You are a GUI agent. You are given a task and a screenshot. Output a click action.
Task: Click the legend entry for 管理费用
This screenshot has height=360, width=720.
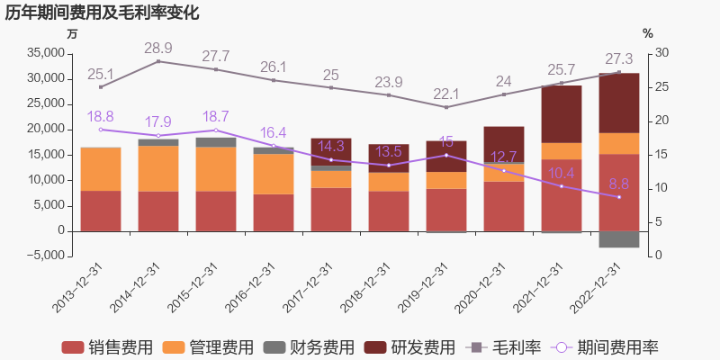click(208, 346)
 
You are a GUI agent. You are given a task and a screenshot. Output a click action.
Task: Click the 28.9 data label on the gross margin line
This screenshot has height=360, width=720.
click(158, 48)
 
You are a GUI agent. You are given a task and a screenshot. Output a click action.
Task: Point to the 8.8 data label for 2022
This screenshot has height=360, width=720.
click(619, 184)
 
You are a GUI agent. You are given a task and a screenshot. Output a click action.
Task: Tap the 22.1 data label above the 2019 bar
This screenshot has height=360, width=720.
click(446, 94)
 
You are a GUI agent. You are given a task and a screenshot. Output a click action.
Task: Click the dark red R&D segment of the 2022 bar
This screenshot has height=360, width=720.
click(619, 103)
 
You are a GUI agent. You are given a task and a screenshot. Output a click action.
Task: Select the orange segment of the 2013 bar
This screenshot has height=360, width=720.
click(101, 168)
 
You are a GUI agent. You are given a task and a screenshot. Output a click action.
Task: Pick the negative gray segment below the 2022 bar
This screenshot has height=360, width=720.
click(619, 239)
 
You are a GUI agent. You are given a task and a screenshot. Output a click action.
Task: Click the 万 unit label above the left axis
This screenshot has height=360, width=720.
click(72, 34)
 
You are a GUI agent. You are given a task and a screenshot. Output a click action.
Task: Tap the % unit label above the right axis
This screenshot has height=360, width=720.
click(648, 34)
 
